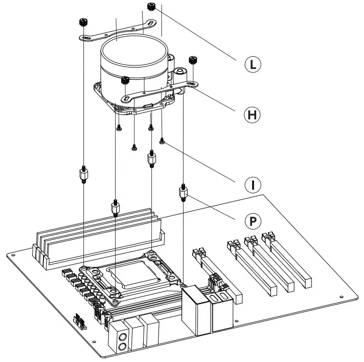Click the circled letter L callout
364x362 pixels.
(252, 64)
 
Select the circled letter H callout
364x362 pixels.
(251, 115)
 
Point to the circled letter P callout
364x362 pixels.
(251, 220)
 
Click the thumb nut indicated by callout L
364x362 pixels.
(151, 7)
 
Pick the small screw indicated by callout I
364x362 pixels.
(162, 141)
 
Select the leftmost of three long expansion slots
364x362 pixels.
(252, 268)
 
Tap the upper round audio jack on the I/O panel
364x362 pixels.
(123, 337)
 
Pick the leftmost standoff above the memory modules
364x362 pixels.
(82, 175)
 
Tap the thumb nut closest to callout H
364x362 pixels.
(193, 60)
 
